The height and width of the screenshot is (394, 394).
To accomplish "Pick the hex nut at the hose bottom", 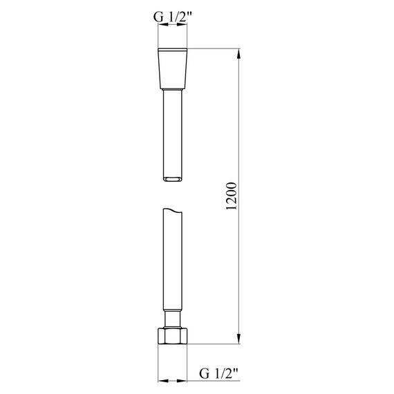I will tap(173, 336).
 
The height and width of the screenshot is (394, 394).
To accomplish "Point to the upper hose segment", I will tap(173, 131).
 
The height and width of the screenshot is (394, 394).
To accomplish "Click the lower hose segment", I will tap(173, 263).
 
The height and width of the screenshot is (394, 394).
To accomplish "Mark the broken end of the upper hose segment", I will tap(173, 180).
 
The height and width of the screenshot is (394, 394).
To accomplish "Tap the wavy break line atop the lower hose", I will tap(173, 209).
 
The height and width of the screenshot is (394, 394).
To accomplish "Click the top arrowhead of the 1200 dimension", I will tap(240, 54).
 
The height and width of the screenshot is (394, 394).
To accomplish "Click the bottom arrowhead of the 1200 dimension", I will tap(240, 340).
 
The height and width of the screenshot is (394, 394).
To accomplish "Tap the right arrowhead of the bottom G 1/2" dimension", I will tap(185, 379).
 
